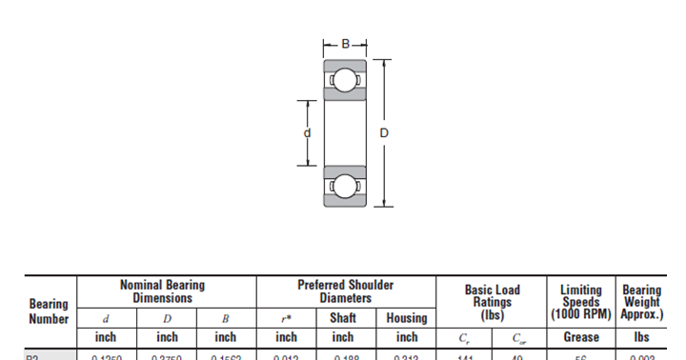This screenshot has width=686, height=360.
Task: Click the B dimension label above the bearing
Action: click(345, 44)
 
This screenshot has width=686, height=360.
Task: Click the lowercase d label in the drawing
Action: click(307, 133)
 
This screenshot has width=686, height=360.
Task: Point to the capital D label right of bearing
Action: click(384, 133)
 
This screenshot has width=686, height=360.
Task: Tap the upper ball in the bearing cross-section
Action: click(344, 81)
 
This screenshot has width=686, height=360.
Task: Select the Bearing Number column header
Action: click(49, 311)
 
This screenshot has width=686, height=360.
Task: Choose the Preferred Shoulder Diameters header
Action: click(345, 291)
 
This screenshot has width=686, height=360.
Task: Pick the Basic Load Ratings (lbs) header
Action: click(492, 301)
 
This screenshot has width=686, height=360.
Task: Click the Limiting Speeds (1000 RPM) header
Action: click(580, 302)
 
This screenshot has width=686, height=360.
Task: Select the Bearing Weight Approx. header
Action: click(641, 302)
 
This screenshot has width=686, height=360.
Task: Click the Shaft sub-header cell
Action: click(343, 318)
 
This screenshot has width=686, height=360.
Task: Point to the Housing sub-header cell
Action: click(406, 318)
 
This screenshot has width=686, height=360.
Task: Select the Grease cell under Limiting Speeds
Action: click(580, 337)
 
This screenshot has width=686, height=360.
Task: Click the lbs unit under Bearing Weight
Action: click(641, 337)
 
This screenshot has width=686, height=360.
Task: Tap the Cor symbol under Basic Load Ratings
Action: click(518, 337)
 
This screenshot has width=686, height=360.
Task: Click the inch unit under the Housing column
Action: click(406, 337)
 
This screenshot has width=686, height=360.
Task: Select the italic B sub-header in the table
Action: click(226, 318)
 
